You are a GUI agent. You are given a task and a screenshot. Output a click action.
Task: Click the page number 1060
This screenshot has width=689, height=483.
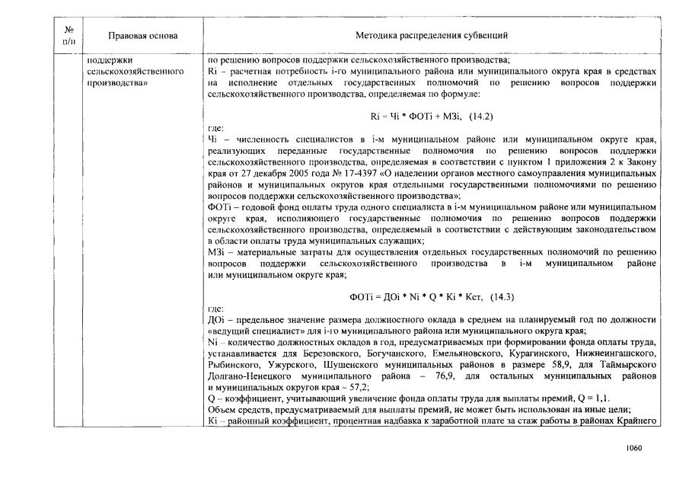(x=633, y=448)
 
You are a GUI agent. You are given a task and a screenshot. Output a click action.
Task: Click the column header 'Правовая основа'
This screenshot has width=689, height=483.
(x=143, y=36)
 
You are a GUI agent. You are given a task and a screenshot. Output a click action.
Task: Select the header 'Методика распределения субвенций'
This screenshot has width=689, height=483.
(x=432, y=36)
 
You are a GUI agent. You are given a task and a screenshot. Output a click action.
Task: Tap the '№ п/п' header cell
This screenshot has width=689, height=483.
(x=68, y=36)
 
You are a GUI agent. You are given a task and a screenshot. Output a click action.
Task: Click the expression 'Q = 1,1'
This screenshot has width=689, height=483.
(x=592, y=398)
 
